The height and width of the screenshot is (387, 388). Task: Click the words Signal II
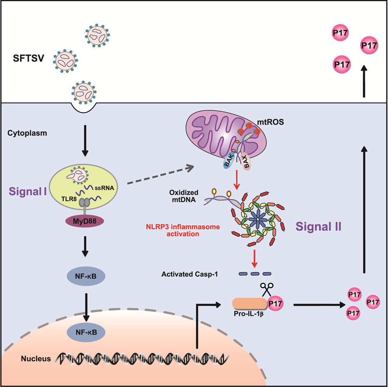[x=319, y=226]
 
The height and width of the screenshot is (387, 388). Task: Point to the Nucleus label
[x=36, y=359]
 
